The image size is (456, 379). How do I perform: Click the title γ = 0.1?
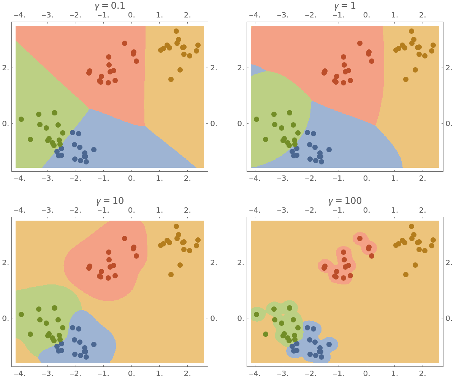click(x=109, y=6)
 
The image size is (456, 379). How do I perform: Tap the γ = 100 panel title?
click(x=345, y=201)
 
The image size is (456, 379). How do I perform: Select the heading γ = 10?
click(x=109, y=201)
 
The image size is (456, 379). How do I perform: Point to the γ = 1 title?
click(x=345, y=6)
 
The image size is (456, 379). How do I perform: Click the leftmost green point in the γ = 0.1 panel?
click(x=21, y=119)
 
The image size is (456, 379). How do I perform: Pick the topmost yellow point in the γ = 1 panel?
click(x=412, y=31)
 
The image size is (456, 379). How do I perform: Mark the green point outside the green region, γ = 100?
click(x=266, y=334)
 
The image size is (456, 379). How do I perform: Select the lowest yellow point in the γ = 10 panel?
click(x=171, y=275)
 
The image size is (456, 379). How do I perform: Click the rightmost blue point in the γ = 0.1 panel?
click(x=94, y=150)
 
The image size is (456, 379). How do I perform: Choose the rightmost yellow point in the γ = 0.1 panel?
click(x=198, y=45)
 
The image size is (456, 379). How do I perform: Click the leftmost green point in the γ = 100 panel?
click(x=256, y=314)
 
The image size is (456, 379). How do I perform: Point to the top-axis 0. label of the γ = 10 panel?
click(x=131, y=210)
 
